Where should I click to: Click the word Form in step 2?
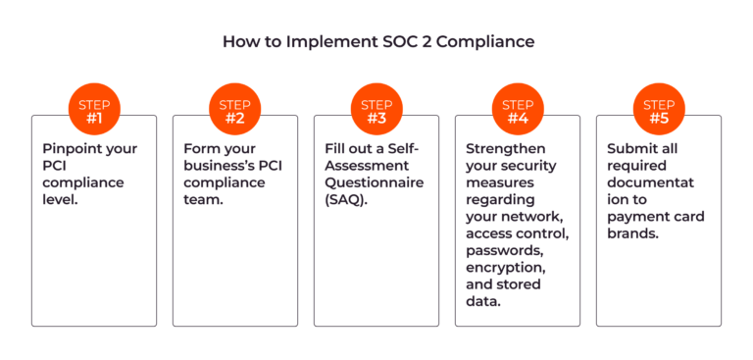pos(191,148)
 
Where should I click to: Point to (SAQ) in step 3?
pos(346,200)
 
